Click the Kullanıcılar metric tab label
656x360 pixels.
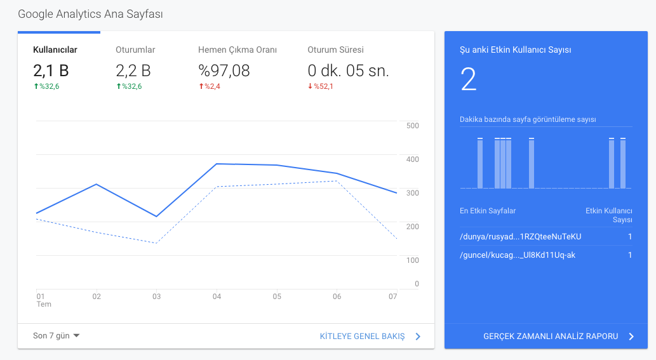point(55,50)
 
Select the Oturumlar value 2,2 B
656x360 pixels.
point(133,70)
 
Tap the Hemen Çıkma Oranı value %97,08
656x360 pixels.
point(224,70)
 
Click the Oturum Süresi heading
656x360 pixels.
point(335,50)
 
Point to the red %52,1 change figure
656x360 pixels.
point(321,86)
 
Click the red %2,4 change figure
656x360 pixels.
point(210,86)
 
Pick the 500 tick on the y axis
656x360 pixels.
point(413,126)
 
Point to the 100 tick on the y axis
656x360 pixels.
point(413,260)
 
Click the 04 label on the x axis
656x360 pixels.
point(217,297)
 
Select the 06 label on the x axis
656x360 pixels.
point(337,297)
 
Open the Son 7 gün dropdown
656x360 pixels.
point(56,336)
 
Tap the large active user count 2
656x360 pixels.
point(469,79)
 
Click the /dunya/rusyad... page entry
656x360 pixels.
point(521,237)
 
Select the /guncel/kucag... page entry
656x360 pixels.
point(518,255)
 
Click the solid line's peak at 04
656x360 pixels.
point(217,164)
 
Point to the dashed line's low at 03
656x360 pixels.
point(156,243)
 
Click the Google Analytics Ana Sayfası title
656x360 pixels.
point(90,14)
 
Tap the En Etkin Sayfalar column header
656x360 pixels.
point(488,211)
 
